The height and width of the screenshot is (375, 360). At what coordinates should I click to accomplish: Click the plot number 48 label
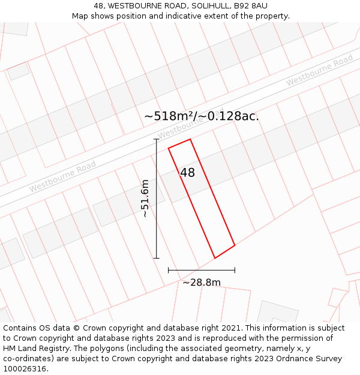[187, 173]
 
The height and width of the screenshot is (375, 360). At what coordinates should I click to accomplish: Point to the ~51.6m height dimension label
[145, 199]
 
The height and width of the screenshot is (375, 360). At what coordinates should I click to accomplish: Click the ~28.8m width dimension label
[202, 282]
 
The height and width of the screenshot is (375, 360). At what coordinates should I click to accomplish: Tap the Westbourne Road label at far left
[62, 177]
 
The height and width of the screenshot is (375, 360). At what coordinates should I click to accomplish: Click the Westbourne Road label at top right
[319, 70]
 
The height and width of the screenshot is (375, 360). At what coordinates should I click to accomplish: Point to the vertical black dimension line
[157, 199]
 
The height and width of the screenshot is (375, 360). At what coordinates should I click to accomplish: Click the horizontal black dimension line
[202, 270]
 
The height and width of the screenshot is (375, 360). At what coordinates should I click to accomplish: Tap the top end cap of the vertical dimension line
[157, 139]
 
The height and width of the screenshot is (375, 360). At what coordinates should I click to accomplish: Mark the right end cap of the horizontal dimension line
[235, 270]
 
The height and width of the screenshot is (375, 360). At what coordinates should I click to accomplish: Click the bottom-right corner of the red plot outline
[235, 245]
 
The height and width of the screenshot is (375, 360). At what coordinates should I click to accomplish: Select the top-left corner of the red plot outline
[168, 147]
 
